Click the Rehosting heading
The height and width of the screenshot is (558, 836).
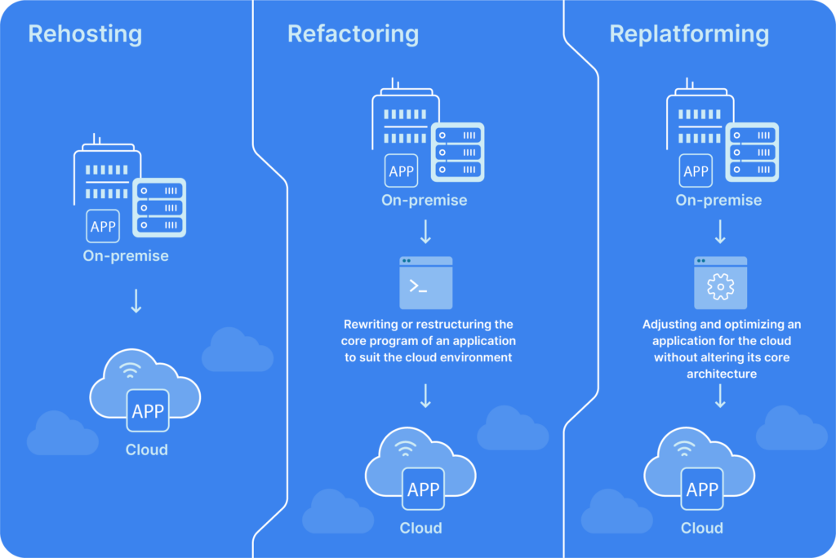[x=85, y=34]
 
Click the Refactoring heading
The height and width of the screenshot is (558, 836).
[x=353, y=34]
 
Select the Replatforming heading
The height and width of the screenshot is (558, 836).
[x=689, y=34]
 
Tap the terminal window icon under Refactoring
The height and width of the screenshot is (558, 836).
[x=425, y=283]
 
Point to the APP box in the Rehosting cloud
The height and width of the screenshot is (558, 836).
[x=148, y=411]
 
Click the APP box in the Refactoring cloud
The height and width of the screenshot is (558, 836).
[x=423, y=489]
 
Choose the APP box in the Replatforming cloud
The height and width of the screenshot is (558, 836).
[x=702, y=489]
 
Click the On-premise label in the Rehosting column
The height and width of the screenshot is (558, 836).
[x=126, y=256]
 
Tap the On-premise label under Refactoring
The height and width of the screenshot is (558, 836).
[x=425, y=201]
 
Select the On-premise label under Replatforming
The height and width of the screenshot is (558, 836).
[x=718, y=201]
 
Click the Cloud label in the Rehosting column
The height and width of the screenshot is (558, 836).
[x=147, y=449]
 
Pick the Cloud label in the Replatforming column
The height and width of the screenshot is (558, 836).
[x=702, y=528]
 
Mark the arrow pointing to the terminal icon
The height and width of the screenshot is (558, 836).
[x=425, y=234]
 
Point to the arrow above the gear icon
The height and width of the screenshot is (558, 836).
[x=720, y=234]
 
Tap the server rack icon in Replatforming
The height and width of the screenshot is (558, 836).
[x=753, y=152]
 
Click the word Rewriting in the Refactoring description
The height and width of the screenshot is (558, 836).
[x=371, y=325]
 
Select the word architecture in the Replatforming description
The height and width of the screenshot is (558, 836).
[x=720, y=374]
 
